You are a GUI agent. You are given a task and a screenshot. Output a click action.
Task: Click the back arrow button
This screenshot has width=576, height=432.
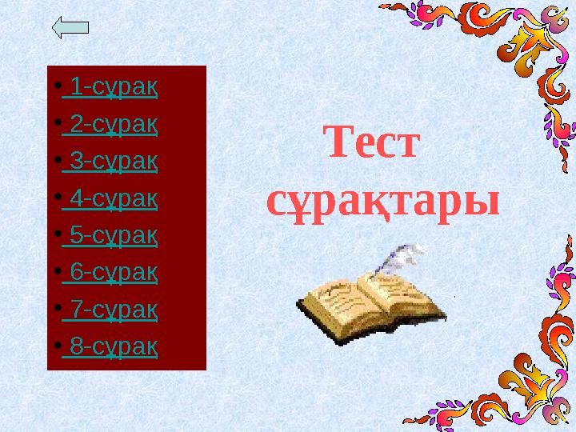click(70, 28)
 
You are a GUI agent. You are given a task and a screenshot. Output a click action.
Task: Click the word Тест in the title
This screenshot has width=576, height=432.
click(373, 145)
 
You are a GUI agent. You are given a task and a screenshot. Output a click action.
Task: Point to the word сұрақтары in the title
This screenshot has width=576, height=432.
click(382, 201)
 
